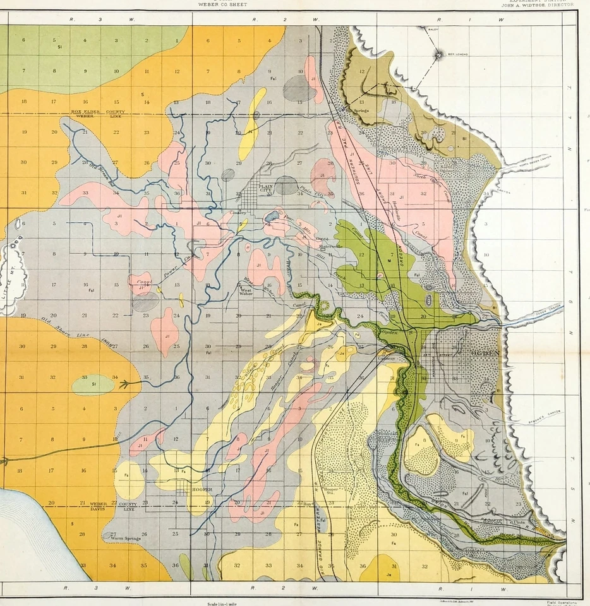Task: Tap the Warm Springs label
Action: [124, 538]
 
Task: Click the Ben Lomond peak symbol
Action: [438, 56]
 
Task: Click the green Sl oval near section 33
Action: [93, 384]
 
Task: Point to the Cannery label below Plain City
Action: [238, 213]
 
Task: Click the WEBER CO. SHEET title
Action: [223, 4]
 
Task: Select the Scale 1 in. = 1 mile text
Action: [224, 603]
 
